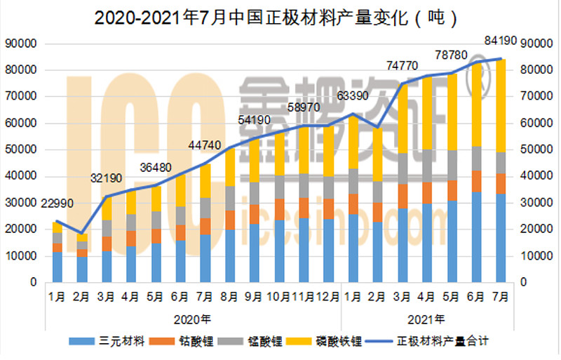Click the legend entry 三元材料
coord(116,342)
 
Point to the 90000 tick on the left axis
coord(20,44)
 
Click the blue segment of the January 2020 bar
coord(58,267)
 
